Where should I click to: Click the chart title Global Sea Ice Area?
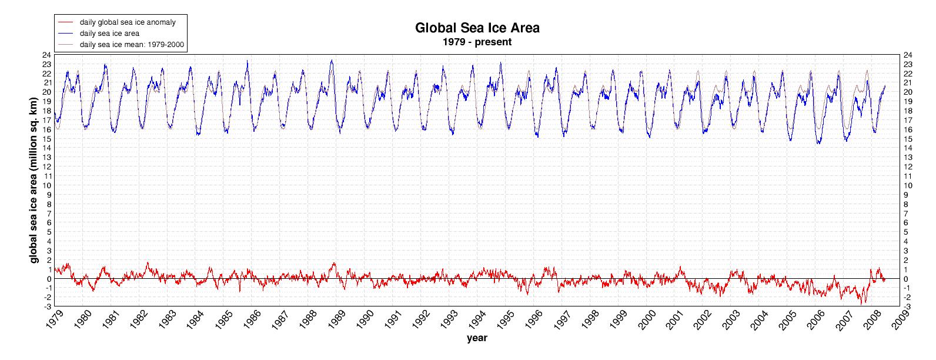point(477,28)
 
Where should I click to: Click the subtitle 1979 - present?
point(477,42)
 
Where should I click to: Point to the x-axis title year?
point(477,338)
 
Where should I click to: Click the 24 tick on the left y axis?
point(46,55)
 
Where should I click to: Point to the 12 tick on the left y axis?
point(46,166)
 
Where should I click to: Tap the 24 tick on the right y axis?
point(908,55)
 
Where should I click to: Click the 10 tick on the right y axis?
point(908,185)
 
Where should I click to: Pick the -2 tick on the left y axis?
point(46,297)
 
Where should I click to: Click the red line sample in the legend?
point(65,22)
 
